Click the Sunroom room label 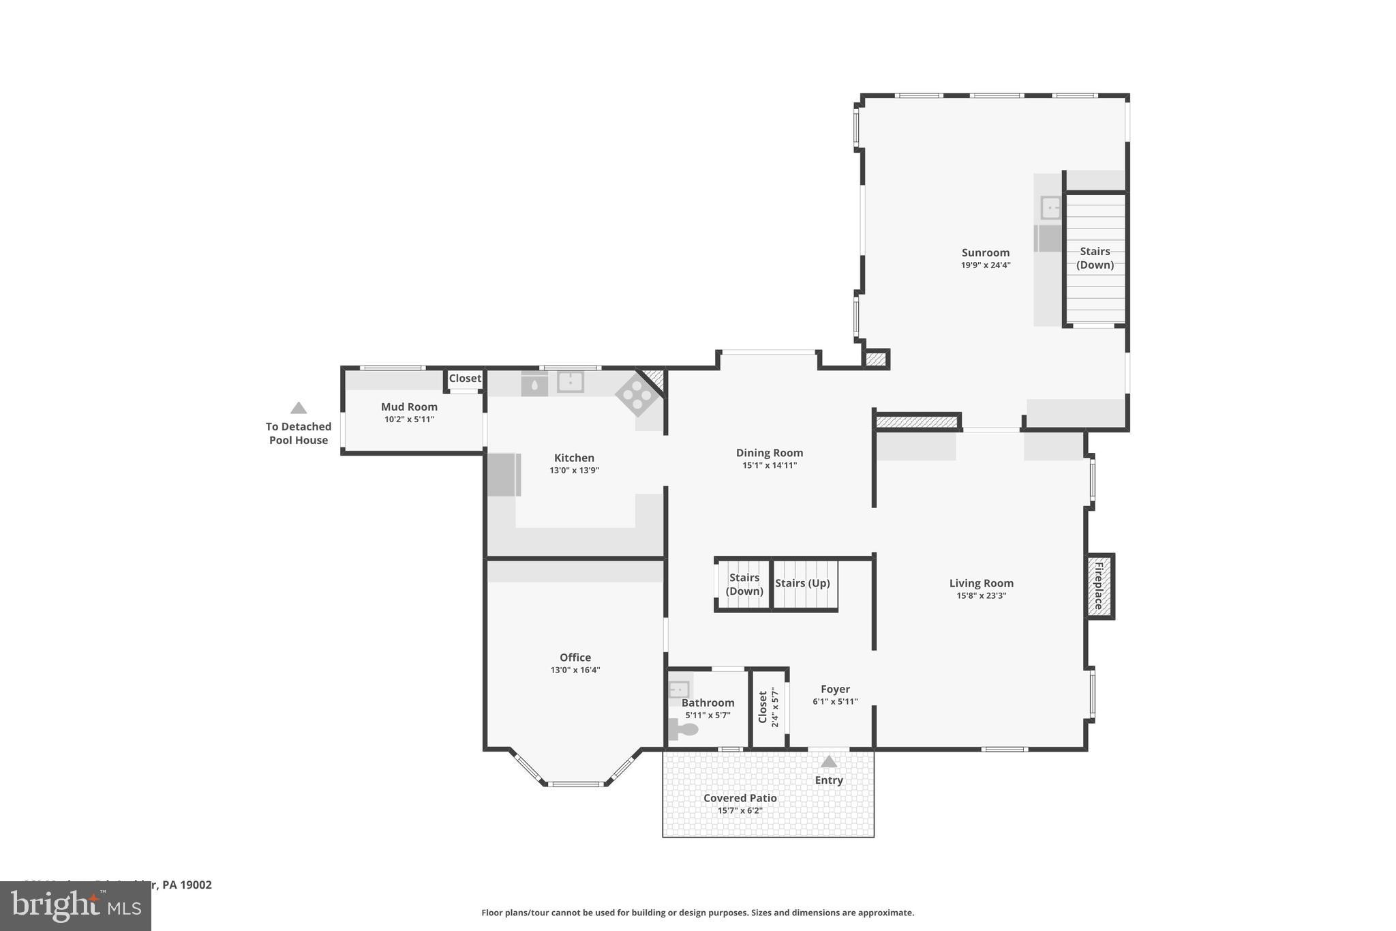[x=985, y=252]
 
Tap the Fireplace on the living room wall [x=1099, y=586]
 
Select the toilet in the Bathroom [x=684, y=730]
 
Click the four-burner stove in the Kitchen [x=637, y=394]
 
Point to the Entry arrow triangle [x=828, y=761]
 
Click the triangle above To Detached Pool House [x=299, y=408]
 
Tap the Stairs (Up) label [x=802, y=583]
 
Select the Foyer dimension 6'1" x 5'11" [x=835, y=701]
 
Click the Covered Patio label [x=740, y=798]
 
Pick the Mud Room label [x=409, y=407]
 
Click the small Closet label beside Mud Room [x=465, y=378]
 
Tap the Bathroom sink [x=679, y=689]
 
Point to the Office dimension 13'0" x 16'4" [x=575, y=670]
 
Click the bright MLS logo [x=75, y=906]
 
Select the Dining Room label [x=770, y=453]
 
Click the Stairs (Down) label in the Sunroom [x=1095, y=258]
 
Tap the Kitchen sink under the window [x=570, y=382]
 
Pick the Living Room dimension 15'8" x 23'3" [x=981, y=595]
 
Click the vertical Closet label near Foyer [x=763, y=707]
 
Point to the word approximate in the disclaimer [x=885, y=913]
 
